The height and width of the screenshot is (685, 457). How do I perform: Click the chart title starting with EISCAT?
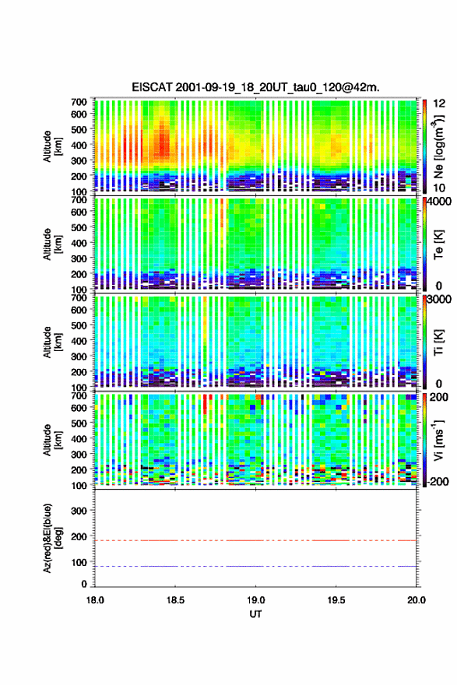pos(255,87)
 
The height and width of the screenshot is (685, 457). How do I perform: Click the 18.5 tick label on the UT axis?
pos(175,600)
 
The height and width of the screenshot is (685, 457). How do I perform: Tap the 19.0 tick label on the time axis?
pos(255,600)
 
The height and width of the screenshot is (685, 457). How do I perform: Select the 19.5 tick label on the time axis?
pos(336,600)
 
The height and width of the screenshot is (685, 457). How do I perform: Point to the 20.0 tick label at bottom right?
pos(417,600)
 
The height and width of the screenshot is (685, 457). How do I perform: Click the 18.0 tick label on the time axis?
pos(95,600)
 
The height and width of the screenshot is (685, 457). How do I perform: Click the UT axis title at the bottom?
pos(255,614)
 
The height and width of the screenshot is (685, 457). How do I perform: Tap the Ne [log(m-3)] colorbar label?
pos(439,146)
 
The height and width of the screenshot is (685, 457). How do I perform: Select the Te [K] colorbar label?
pos(438,244)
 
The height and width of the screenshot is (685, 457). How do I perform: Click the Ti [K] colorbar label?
pos(438,342)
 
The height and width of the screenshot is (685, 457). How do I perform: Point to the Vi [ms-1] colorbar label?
pos(438,440)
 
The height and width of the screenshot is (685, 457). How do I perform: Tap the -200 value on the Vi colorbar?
pos(436,481)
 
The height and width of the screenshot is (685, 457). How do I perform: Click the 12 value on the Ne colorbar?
pos(440,103)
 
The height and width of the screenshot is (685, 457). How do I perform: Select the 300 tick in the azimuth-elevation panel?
pos(79,511)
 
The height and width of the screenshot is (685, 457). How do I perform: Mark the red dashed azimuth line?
pos(255,540)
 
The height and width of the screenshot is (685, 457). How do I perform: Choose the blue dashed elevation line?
pos(255,566)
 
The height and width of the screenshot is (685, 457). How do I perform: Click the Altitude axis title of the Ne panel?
pos(52,146)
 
